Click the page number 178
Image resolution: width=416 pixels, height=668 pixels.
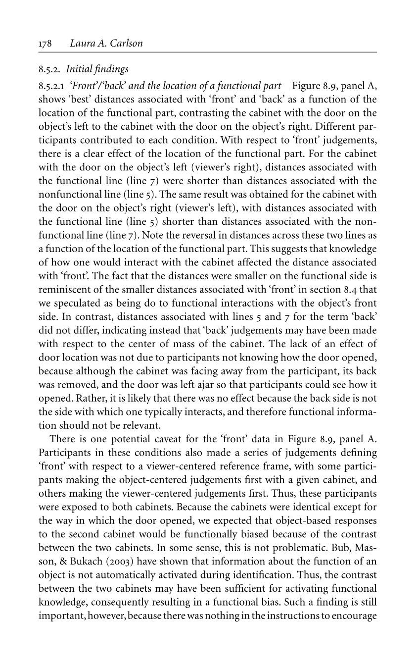pos(45,43)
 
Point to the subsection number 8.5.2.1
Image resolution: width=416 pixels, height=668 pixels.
pos(52,86)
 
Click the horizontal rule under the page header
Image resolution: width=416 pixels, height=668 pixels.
pos(208,52)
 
